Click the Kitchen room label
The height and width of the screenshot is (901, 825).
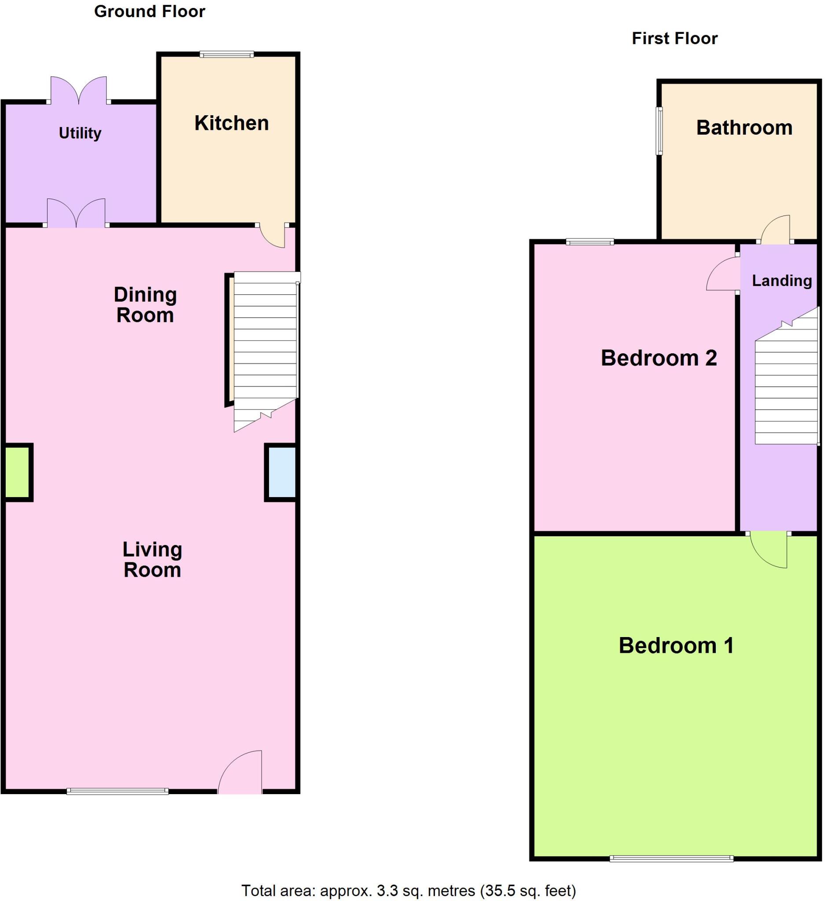pos(232,123)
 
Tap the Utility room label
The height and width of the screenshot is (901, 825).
pos(80,133)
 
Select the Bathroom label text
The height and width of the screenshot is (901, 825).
pos(744,128)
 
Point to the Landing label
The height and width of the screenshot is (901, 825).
pos(781,281)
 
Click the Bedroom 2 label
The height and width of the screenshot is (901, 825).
pos(659,358)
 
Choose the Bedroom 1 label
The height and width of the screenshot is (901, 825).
pos(676,645)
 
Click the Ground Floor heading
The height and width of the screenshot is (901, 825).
pos(149,11)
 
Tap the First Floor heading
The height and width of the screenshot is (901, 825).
pos(674,39)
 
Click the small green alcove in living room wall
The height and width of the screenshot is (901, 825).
pos(18,472)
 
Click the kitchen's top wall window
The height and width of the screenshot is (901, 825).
pos(227,55)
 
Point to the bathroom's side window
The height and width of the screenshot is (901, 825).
pos(659,131)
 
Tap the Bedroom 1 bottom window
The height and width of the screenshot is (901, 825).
pos(672,858)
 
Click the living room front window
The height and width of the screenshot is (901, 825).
pos(118,791)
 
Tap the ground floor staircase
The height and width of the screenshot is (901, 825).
pos(265,344)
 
